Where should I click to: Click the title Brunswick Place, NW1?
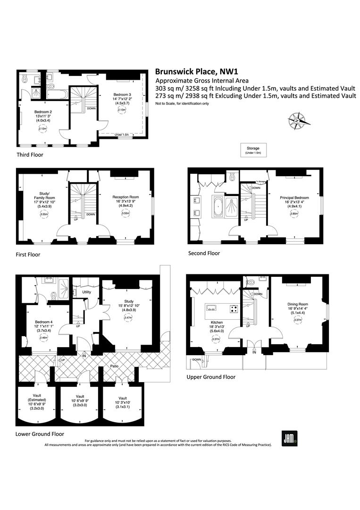(x=196, y=72)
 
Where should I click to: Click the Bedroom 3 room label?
(x=121, y=95)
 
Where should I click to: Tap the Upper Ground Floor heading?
(x=210, y=377)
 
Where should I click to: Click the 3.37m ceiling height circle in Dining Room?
(x=298, y=320)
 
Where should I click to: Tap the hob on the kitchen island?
(x=233, y=310)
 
